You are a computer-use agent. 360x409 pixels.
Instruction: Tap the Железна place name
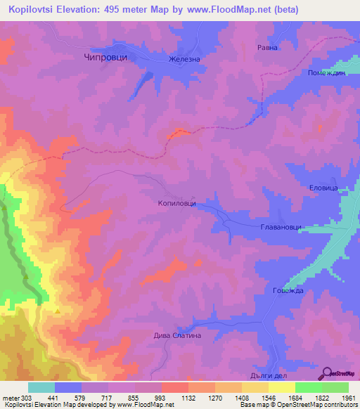tap(184, 59)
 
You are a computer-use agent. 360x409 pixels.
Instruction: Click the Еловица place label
tap(325, 188)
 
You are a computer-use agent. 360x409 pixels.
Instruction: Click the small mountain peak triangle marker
tap(57, 309)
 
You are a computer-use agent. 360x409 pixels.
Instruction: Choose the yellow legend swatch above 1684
tap(281, 387)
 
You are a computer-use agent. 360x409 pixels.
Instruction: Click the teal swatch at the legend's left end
tap(41, 387)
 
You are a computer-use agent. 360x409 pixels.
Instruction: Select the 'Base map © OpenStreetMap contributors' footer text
tap(298, 405)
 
